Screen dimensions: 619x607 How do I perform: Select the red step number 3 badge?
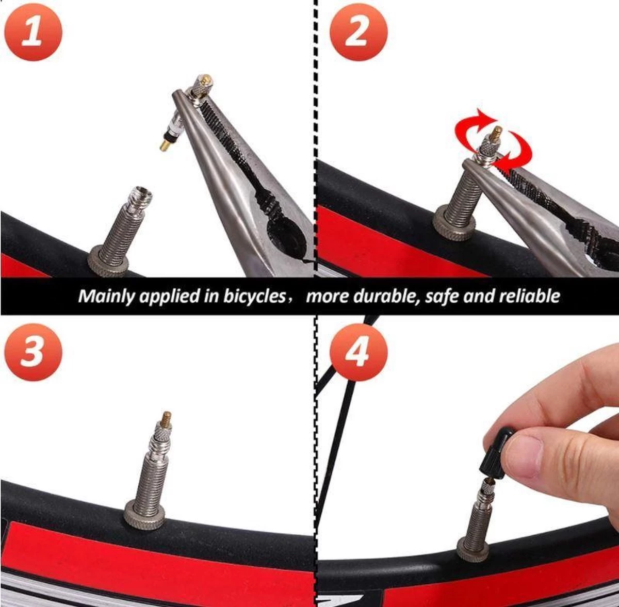pos(33,352)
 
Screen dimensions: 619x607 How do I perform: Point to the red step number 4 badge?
pos(359,352)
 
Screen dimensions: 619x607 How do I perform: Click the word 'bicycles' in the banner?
pos(254,296)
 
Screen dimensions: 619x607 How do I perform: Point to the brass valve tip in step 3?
pos(167,417)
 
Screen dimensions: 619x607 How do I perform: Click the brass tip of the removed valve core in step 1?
pos(165,144)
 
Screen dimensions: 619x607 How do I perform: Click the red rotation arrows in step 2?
pos(494,139)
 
